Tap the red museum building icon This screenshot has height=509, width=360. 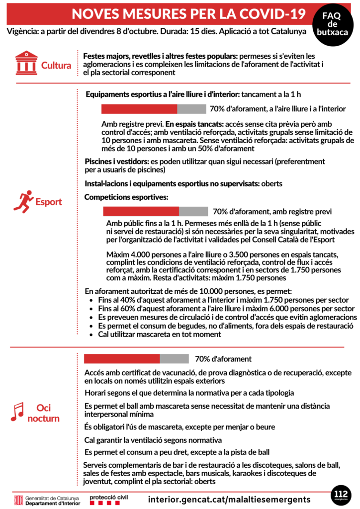click(x=26, y=63)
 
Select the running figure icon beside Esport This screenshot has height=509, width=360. click(x=23, y=200)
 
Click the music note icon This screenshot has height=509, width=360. click(x=18, y=412)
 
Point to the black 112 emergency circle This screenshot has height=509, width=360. click(x=341, y=496)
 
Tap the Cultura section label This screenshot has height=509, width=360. click(x=56, y=65)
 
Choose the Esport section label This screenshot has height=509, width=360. click(x=48, y=202)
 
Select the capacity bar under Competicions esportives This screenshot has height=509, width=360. click(x=155, y=212)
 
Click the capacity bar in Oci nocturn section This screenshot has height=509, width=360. click(x=136, y=359)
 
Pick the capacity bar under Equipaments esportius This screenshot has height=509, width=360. click(x=154, y=109)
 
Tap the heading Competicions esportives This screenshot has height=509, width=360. click(x=126, y=197)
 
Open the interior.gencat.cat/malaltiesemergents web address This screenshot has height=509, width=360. click(x=229, y=499)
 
